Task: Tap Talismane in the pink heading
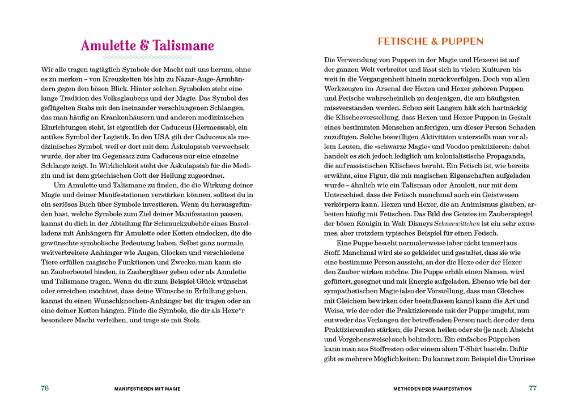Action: [182, 46]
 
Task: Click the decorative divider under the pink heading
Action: [147, 58]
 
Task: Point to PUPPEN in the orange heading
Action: [464, 41]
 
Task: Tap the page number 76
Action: [45, 388]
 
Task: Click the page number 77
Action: [533, 388]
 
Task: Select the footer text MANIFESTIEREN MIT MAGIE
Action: [147, 389]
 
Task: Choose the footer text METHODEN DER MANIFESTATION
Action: [432, 389]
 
